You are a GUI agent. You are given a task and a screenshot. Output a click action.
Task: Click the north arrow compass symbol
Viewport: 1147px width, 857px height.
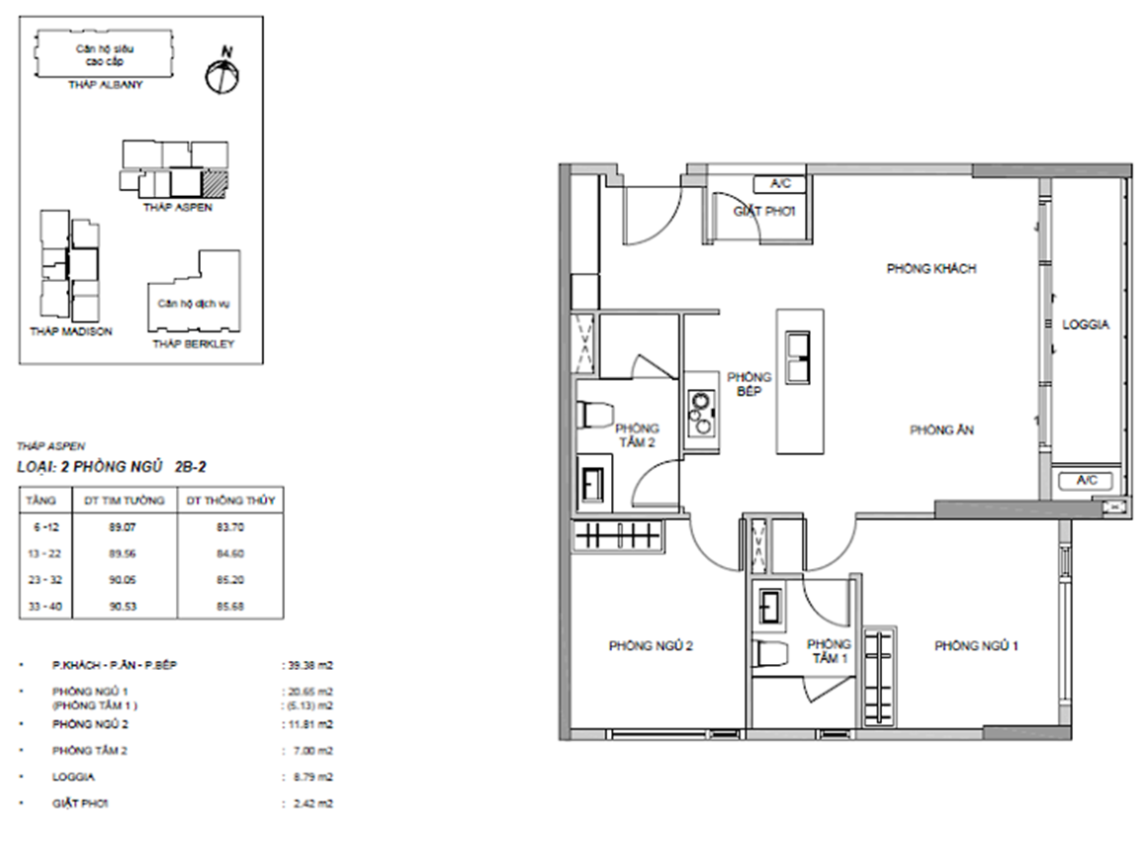(221, 72)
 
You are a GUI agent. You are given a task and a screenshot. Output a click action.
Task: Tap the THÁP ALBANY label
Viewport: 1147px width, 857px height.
(106, 85)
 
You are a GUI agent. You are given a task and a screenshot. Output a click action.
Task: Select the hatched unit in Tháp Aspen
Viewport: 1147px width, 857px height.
(216, 183)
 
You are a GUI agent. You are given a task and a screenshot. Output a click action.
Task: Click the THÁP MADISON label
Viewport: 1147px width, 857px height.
(71, 332)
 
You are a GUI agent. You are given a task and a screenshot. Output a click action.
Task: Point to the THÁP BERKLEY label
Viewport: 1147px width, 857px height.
(193, 344)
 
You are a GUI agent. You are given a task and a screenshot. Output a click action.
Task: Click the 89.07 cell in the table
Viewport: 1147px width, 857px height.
(123, 526)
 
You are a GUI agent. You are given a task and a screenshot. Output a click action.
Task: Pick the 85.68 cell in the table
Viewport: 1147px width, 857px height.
(229, 606)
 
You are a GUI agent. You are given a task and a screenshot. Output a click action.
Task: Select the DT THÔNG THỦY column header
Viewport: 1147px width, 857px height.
(230, 501)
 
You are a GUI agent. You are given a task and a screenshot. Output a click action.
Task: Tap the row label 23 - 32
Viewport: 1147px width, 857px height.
(44, 580)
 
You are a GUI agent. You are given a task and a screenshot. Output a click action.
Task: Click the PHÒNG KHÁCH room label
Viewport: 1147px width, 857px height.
(931, 268)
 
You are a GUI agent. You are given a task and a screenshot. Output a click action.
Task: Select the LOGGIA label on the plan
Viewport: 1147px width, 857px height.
(1086, 325)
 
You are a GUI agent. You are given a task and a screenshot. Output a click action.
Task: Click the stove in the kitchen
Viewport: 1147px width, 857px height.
(701, 414)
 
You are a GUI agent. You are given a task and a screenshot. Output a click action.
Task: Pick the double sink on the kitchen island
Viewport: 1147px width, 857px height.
(798, 357)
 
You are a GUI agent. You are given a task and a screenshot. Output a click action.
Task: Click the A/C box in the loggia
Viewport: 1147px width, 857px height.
(1087, 481)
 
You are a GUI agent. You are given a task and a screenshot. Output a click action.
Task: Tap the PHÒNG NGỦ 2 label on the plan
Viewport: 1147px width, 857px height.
(651, 645)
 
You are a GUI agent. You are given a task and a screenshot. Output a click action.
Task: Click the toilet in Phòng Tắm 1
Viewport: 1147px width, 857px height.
(769, 653)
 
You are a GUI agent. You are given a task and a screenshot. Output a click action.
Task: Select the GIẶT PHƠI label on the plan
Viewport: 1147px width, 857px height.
(764, 212)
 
